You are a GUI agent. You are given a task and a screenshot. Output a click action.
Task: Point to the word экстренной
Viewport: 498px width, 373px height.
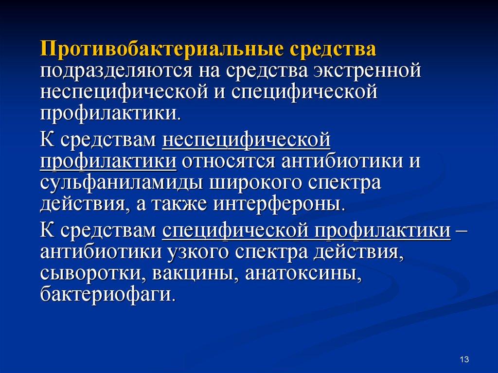tap(367, 71)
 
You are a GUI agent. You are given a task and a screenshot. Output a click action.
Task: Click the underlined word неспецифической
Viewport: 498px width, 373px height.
tap(246, 141)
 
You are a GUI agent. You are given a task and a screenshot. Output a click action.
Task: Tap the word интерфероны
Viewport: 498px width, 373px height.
tap(279, 204)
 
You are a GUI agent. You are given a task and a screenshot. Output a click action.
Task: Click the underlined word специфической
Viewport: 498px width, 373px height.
tap(235, 231)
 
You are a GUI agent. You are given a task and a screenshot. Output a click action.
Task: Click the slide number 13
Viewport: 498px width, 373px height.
tap(464, 359)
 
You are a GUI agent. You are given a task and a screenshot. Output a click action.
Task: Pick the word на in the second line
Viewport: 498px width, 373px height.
tap(209, 71)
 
